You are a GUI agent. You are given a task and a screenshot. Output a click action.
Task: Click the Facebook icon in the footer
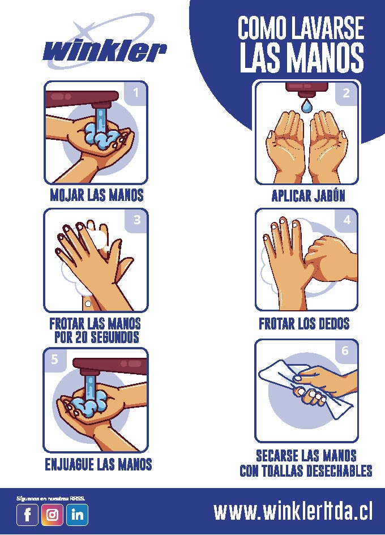pyautogui.click(x=28, y=514)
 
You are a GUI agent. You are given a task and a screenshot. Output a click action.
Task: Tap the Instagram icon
pyautogui.click(x=52, y=514)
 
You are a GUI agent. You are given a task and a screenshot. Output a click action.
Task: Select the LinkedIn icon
pyautogui.click(x=77, y=514)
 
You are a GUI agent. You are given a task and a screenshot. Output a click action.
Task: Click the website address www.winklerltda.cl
pyautogui.click(x=293, y=511)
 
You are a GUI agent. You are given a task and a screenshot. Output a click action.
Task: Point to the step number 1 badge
pyautogui.click(x=136, y=93)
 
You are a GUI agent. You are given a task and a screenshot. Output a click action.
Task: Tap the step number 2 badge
pyautogui.click(x=346, y=93)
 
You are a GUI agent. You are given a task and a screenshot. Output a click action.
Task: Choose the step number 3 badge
pyautogui.click(x=137, y=220)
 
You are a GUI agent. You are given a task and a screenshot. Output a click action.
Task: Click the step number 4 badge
pyautogui.click(x=346, y=220)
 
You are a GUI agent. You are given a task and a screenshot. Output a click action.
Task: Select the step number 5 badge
pyautogui.click(x=54, y=359)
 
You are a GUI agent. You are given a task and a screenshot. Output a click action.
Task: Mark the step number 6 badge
pyautogui.click(x=345, y=351)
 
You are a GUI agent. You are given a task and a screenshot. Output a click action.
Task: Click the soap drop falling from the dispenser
pyautogui.click(x=306, y=105)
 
